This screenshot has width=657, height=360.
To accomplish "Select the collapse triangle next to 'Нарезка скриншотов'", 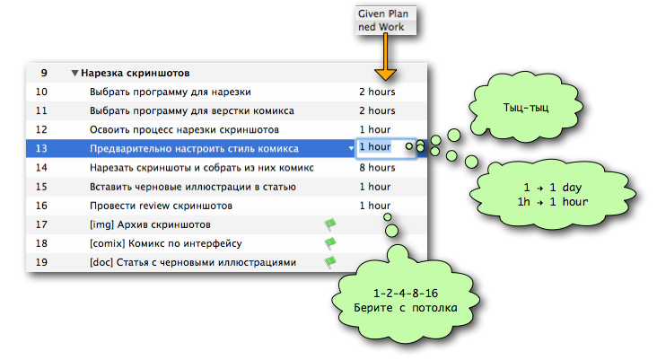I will (74, 73).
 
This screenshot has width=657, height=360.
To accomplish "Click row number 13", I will (41, 148).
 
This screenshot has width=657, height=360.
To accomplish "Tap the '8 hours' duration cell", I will (377, 167).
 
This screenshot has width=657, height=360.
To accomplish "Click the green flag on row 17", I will (329, 224).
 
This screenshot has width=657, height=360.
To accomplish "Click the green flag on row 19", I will (329, 262).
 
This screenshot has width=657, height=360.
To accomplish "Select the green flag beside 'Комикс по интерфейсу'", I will (329, 243).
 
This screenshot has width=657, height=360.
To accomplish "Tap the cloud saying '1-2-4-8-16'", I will (402, 301).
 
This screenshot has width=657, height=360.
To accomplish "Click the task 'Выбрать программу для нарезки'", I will (170, 92).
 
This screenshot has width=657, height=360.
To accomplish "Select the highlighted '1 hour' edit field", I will (387, 147).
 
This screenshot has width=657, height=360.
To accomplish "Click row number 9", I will (41, 73).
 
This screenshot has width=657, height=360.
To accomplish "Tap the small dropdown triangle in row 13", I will (351, 148).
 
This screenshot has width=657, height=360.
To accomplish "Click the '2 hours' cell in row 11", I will (377, 110).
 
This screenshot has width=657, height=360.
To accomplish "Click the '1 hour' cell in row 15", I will (374, 187).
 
